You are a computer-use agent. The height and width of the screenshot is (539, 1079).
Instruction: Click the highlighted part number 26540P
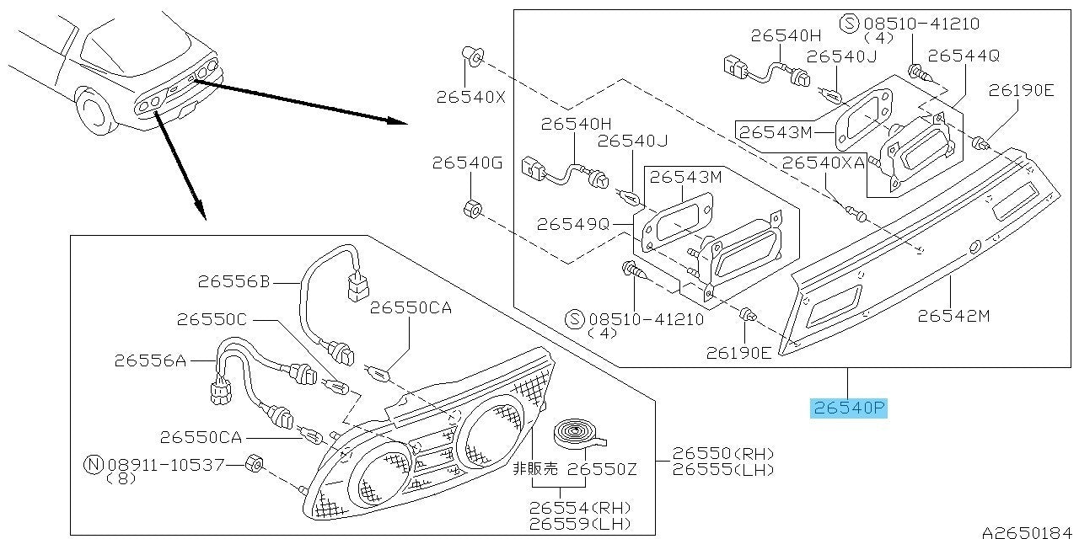(x=850, y=409)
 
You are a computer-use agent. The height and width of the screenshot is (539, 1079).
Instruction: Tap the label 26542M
(x=953, y=316)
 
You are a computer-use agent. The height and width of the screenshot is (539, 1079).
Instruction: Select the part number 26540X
(x=470, y=96)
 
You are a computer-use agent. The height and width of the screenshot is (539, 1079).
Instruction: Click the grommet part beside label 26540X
(x=472, y=57)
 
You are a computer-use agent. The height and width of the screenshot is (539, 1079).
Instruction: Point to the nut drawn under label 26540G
(x=473, y=207)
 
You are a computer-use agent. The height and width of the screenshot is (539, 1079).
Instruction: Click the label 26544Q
(x=964, y=55)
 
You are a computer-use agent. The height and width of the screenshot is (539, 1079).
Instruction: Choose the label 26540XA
(x=824, y=163)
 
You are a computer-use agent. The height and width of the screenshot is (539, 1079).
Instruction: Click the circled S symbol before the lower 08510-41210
(x=576, y=319)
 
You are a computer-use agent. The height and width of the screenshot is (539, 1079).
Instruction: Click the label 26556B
(x=234, y=283)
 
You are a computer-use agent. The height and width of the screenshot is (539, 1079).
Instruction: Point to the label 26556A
(x=150, y=360)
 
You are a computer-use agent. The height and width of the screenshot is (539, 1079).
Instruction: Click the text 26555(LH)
(x=723, y=470)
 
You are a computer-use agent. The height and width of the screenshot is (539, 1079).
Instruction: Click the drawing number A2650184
(x=1028, y=531)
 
